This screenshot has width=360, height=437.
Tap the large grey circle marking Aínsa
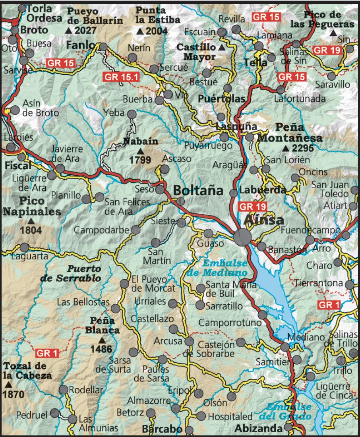tap(242, 237)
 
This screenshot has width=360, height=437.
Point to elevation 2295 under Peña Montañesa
tap(303, 149)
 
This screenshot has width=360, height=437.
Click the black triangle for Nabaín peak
tap(140, 151)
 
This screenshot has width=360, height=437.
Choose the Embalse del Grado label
tap(289, 412)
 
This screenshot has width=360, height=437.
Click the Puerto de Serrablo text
tap(71, 273)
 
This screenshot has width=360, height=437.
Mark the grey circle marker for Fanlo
tap(103, 47)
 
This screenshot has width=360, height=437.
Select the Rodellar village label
tap(86, 390)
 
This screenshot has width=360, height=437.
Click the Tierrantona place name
tap(319, 283)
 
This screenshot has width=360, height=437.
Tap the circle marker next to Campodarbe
tap(135, 230)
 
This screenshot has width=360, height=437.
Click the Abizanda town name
tap(258, 428)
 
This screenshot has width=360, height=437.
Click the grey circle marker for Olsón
tap(232, 396)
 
